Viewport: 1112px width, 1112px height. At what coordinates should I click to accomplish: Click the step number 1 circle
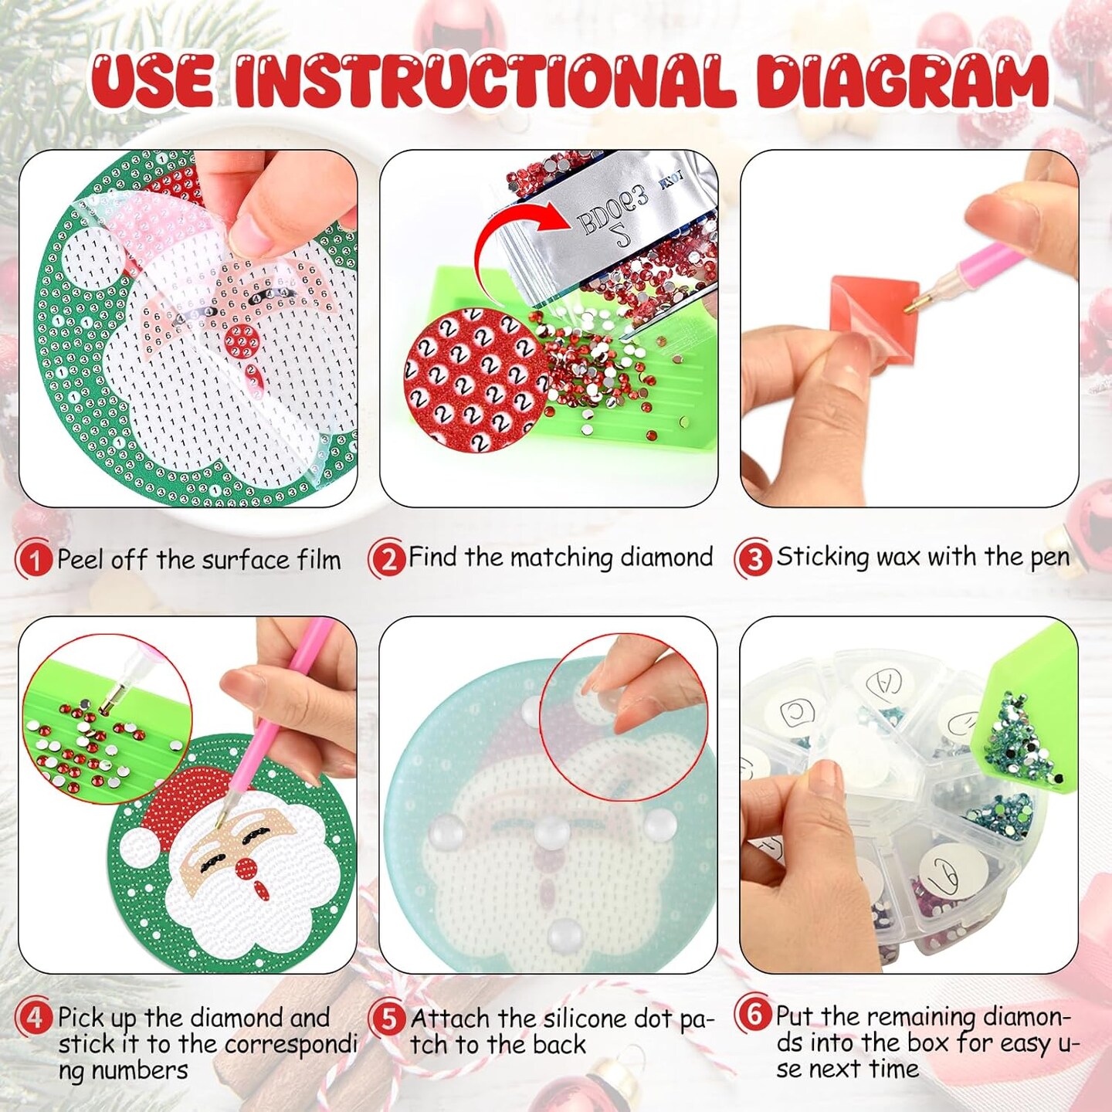pos(34,559)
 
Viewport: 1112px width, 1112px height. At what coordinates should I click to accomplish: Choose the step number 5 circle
pos(388,1019)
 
